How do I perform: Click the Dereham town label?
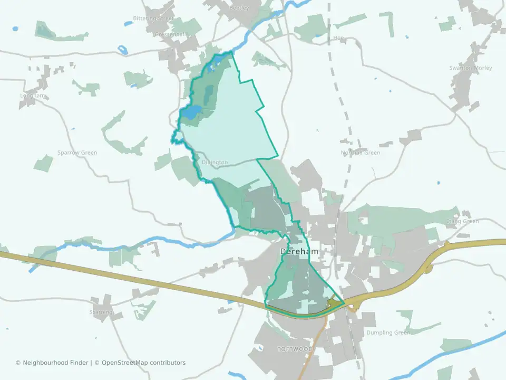coord(299,252)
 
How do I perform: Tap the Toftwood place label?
coord(295,349)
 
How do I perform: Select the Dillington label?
coord(215,163)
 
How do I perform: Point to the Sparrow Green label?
coord(77,153)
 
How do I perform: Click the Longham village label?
coord(33,96)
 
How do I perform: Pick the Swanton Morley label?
coord(471,68)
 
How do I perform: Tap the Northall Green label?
coord(361,153)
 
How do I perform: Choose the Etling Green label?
coord(462,221)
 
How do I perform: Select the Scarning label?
coord(101,312)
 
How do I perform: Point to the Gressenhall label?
coord(171,34)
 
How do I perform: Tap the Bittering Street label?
coord(153,18)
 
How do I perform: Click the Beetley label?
coord(239,8)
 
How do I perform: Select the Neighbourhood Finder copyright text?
coord(52,363)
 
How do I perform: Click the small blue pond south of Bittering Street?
coord(123,51)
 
